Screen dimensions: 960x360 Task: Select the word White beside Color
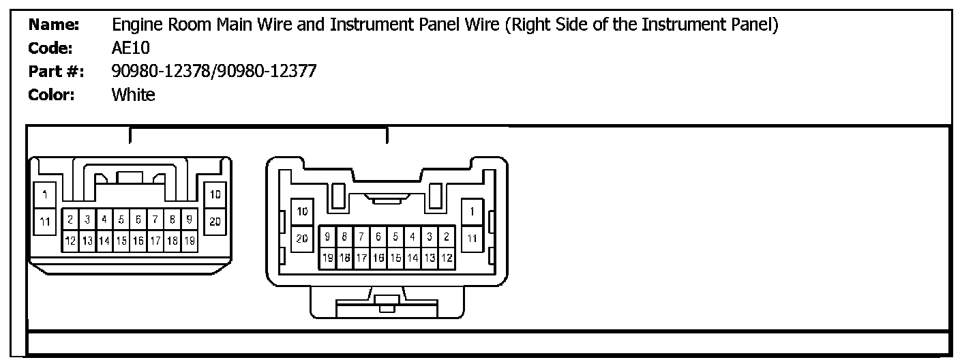(133, 95)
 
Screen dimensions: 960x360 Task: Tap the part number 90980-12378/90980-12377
(213, 72)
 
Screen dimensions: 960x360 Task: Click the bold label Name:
(55, 26)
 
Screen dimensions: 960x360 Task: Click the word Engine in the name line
(134, 26)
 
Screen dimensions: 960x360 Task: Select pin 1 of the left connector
(45, 196)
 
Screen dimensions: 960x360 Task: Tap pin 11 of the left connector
(45, 221)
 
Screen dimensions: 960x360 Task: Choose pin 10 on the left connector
(215, 196)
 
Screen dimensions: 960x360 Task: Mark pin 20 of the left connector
(215, 221)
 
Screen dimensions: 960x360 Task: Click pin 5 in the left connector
(121, 220)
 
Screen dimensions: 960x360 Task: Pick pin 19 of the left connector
(190, 241)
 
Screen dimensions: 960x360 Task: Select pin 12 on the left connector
(70, 241)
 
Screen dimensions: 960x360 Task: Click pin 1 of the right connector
(472, 211)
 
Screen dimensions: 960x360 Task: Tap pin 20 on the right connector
(302, 238)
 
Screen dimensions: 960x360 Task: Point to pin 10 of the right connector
(302, 211)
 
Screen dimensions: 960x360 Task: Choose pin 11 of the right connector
(472, 238)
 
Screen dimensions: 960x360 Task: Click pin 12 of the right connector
(447, 258)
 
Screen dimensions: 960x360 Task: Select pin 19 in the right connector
(328, 258)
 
